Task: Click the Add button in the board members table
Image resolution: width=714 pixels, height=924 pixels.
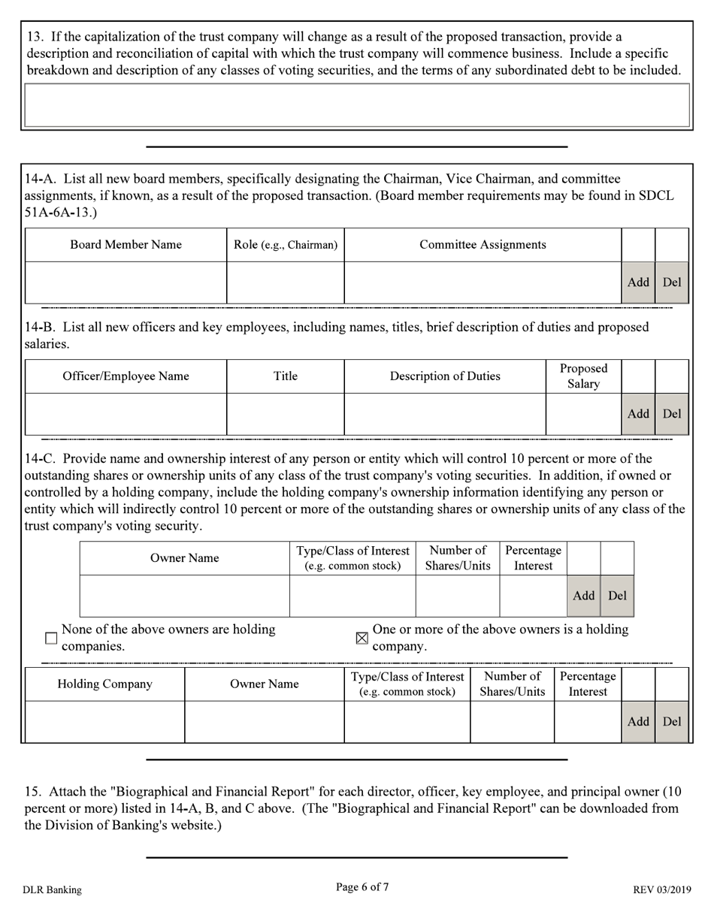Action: click(x=638, y=282)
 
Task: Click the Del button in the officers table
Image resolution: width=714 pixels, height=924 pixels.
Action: click(x=672, y=413)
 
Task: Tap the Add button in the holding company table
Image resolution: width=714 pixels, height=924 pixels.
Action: click(x=638, y=721)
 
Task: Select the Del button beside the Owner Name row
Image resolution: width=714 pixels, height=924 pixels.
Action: click(x=617, y=596)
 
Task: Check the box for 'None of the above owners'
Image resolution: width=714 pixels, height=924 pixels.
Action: click(x=51, y=638)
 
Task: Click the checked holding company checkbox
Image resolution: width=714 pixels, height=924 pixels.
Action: click(x=362, y=638)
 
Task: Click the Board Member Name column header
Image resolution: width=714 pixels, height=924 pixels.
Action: click(x=126, y=245)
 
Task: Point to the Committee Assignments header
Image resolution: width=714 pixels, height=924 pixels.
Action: click(x=483, y=245)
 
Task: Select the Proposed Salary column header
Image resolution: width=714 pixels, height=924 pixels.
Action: click(x=583, y=376)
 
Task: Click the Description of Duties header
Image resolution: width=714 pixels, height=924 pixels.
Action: click(x=445, y=376)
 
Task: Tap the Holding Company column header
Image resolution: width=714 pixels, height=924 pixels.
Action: click(x=105, y=684)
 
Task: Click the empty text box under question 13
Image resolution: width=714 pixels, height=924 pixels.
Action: click(x=357, y=105)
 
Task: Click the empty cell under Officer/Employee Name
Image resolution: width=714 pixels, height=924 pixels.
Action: click(x=126, y=414)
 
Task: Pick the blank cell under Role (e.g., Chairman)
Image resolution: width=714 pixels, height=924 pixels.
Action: click(x=286, y=282)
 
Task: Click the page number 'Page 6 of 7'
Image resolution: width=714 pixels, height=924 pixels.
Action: click(x=362, y=887)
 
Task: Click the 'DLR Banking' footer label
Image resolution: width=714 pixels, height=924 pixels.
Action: click(x=52, y=890)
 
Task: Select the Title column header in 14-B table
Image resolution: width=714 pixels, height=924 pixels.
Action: click(x=286, y=376)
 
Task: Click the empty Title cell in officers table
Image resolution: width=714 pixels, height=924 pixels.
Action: click(x=286, y=414)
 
